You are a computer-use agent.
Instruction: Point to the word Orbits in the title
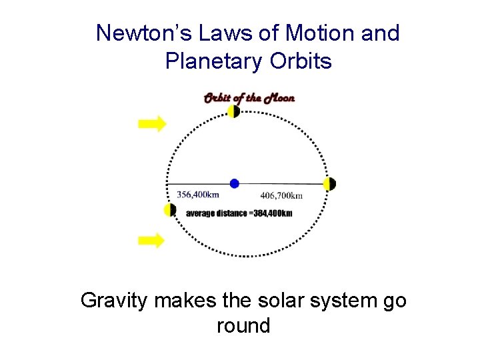click(301, 61)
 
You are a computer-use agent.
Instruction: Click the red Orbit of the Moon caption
click(249, 98)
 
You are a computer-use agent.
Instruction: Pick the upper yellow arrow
click(151, 123)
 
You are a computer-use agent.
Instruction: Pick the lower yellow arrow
click(151, 240)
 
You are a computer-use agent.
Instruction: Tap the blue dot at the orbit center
click(234, 183)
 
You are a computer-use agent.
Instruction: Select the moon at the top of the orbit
click(233, 111)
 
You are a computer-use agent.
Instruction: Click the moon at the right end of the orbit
click(329, 184)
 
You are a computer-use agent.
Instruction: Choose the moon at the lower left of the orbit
click(169, 210)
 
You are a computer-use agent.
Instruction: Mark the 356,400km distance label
click(198, 195)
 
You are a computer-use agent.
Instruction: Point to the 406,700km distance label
click(281, 195)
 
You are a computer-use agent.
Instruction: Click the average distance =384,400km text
click(239, 213)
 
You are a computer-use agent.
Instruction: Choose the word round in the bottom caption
click(243, 326)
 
